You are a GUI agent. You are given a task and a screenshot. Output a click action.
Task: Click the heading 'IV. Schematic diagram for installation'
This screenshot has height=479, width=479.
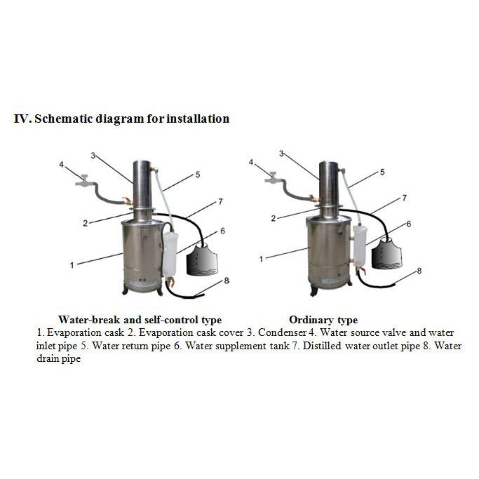click(x=122, y=119)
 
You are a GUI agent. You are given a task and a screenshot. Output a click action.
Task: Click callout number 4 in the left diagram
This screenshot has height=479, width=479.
click(x=61, y=165)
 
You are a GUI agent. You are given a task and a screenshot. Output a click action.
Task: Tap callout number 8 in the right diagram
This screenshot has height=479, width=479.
click(x=419, y=271)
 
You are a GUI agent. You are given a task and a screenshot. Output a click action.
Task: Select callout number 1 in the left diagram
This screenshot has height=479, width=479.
click(x=72, y=265)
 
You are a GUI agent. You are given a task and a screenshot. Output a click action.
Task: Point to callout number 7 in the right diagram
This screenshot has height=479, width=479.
click(x=405, y=198)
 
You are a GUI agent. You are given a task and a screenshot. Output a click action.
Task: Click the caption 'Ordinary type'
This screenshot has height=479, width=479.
click(x=323, y=320)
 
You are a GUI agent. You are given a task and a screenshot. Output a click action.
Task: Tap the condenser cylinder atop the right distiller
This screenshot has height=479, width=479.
click(x=329, y=182)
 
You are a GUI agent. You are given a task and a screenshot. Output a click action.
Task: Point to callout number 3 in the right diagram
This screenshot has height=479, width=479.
click(x=281, y=153)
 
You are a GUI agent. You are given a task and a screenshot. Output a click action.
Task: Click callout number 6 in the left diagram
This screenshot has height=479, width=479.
click(x=222, y=231)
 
